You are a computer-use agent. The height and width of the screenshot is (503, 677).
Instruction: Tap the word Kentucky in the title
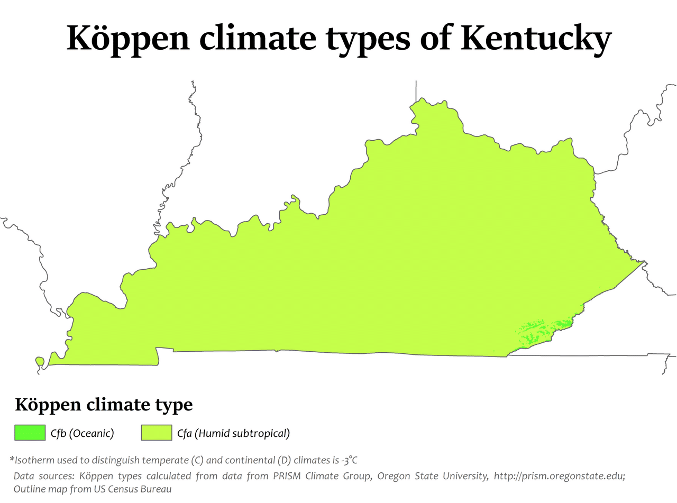click(x=535, y=38)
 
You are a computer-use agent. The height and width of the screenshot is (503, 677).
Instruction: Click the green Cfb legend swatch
click(x=30, y=433)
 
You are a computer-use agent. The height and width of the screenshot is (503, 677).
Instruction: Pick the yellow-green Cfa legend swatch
click(x=157, y=433)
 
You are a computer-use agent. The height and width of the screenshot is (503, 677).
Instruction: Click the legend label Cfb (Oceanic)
click(x=83, y=434)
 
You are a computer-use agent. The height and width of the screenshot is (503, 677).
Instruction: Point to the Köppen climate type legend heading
click(x=104, y=405)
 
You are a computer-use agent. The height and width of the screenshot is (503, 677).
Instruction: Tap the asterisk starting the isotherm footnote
click(x=12, y=459)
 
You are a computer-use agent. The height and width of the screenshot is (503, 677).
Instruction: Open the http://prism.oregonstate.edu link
click(x=560, y=476)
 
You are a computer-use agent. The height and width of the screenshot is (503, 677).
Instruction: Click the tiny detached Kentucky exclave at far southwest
click(x=39, y=361)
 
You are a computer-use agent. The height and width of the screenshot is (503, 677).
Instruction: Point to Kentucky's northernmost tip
click(x=421, y=99)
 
